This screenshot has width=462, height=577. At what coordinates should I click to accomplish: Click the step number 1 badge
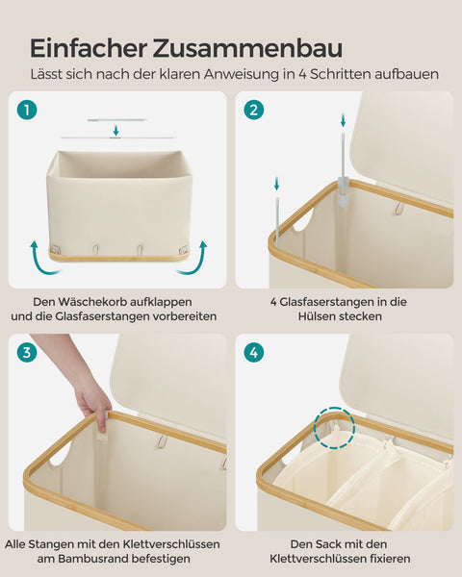[27, 110]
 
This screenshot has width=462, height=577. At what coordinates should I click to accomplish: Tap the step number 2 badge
[254, 110]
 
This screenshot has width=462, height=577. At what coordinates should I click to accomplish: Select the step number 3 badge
[27, 353]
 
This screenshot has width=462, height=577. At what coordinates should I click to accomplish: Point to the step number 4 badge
[254, 353]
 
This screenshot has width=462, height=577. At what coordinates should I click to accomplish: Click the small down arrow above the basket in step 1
[115, 131]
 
